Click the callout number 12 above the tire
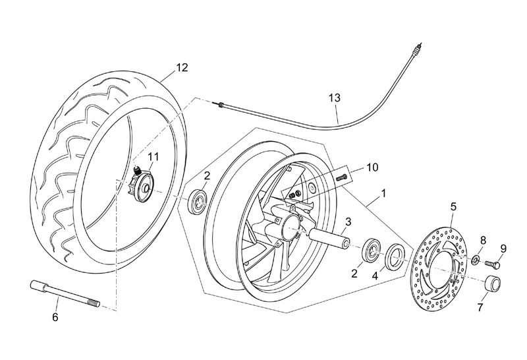(182, 67)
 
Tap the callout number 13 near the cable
(335, 98)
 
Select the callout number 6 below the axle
(55, 317)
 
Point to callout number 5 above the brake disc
(453, 206)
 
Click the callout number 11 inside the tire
(153, 156)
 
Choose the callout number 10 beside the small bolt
(372, 168)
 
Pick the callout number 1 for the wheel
(381, 196)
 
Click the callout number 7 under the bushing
(480, 307)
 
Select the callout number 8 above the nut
(483, 240)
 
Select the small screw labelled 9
(493, 264)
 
